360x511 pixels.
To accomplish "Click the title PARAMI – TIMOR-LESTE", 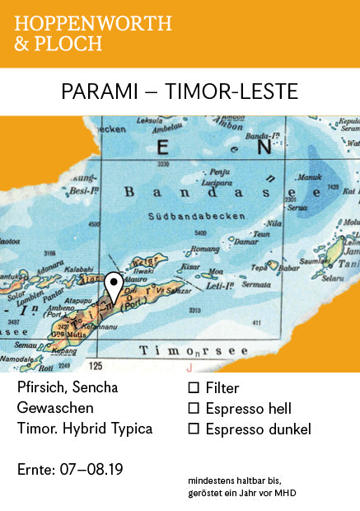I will coord(180,91).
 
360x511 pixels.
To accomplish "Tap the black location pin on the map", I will coord(115,284).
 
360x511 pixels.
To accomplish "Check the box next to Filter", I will coord(194,387).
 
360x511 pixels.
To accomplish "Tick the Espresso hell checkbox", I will coord(194,408).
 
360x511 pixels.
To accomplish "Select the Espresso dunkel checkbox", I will coord(194,429).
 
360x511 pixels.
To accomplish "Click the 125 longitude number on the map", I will coord(96,364).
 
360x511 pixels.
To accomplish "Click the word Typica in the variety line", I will coord(132,429).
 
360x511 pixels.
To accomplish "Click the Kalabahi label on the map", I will coord(78,269).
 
